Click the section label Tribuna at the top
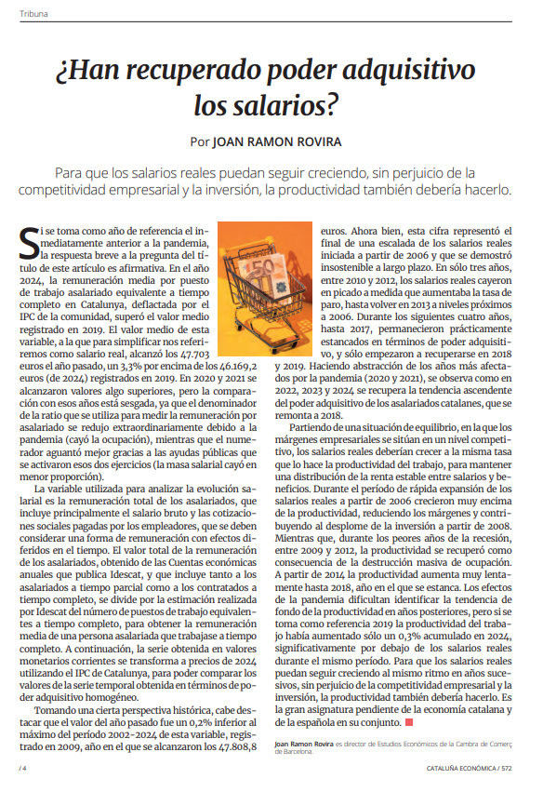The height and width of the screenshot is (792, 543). (x=34, y=15)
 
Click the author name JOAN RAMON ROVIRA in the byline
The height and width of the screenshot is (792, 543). (x=277, y=142)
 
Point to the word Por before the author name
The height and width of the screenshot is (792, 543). (x=199, y=142)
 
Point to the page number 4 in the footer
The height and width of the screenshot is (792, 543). (x=23, y=769)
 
